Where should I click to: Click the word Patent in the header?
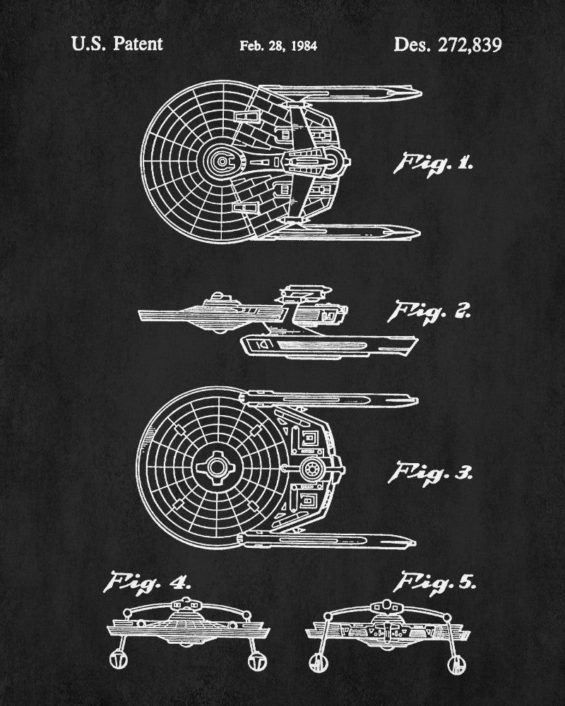138,44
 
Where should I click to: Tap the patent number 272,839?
470,45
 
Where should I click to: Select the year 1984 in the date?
304,46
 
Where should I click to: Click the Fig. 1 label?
433,164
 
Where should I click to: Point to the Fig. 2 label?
429,311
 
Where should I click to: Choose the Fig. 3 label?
430,474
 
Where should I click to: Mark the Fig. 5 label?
434,583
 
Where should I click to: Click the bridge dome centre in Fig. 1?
221,162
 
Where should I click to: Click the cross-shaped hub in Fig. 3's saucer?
217,467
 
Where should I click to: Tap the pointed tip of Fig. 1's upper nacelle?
421,94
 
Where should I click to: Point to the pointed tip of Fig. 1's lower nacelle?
420,233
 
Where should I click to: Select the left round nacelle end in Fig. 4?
119,660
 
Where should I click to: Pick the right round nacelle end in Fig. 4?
258,662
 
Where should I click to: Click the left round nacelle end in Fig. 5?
318,664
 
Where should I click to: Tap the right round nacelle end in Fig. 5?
456,664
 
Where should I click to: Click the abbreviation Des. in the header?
412,44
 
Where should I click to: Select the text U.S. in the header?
89,44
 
